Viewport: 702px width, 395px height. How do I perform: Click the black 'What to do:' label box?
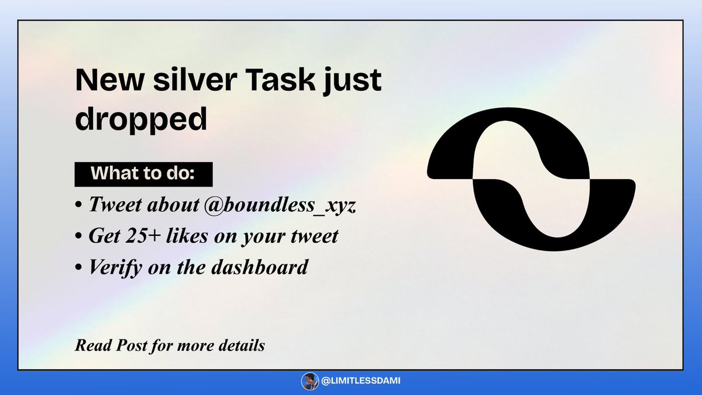click(x=143, y=174)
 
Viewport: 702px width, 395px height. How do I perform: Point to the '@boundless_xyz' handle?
click(x=280, y=205)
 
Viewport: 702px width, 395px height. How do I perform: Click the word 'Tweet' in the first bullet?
click(x=115, y=205)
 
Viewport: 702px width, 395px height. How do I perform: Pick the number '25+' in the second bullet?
click(x=143, y=236)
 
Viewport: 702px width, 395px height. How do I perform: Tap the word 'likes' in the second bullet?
click(x=187, y=235)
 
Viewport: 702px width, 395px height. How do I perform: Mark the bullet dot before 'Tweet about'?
click(x=78, y=205)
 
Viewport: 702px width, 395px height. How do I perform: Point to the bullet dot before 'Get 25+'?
click(x=78, y=236)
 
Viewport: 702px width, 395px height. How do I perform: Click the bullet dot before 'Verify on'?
click(x=78, y=268)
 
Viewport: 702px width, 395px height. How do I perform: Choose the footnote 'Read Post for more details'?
click(x=170, y=346)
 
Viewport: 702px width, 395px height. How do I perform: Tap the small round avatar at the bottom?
click(x=310, y=381)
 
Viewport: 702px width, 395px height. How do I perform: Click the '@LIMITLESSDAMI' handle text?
click(x=361, y=381)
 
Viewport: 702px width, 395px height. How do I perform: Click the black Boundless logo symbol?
click(x=531, y=179)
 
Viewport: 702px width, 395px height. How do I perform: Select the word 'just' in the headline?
click(x=353, y=81)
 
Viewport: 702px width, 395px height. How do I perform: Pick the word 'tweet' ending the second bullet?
click(x=314, y=236)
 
